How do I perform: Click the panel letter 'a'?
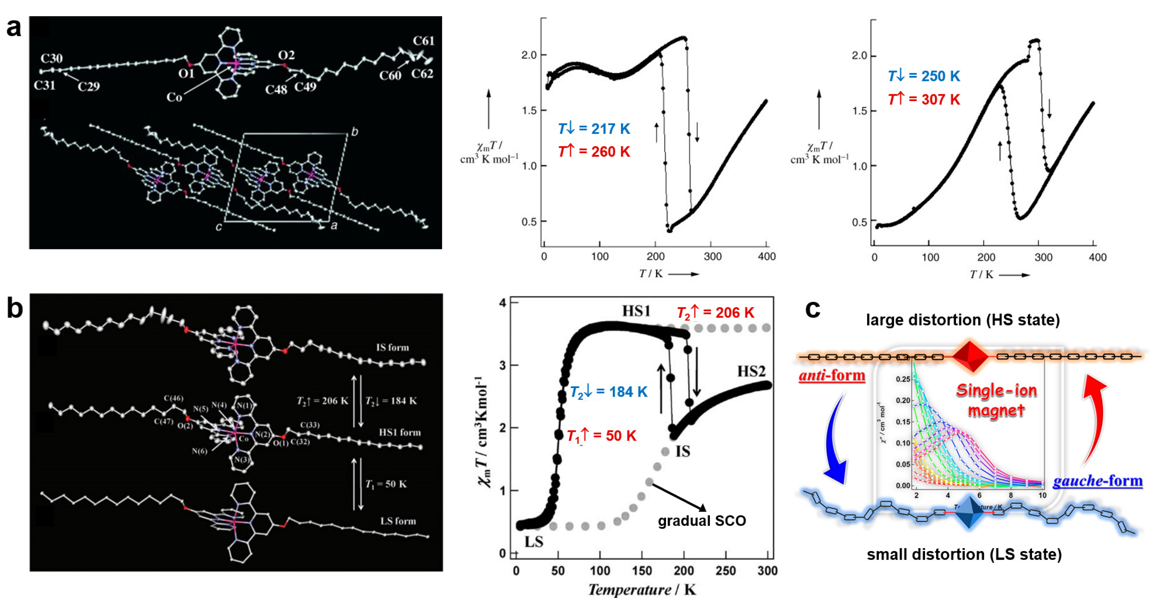(x=14, y=28)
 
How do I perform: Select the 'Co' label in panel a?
(x=174, y=97)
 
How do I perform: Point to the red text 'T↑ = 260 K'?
(x=594, y=152)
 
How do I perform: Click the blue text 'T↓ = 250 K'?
(x=924, y=76)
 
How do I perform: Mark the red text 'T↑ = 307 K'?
(x=924, y=100)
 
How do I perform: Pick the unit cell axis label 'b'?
(x=355, y=131)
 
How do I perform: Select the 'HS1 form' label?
(x=399, y=433)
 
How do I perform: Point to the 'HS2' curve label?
(x=751, y=371)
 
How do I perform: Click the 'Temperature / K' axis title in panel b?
(x=642, y=590)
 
